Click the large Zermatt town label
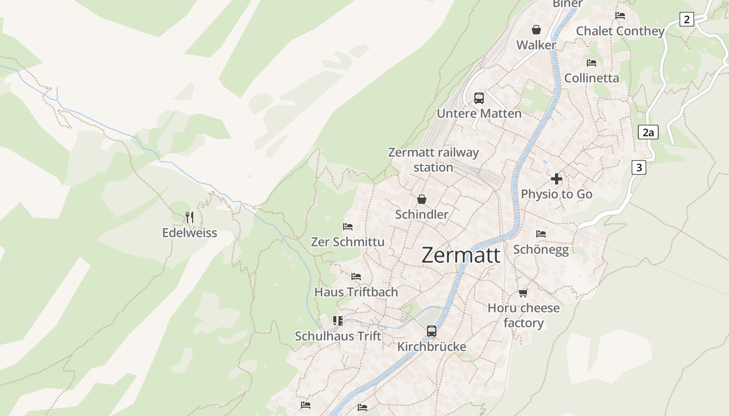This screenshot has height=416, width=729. pos(461,255)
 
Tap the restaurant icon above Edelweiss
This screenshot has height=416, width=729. pos(190,217)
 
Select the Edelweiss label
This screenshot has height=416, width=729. pos(190,232)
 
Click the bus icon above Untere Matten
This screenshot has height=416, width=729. pos(479,98)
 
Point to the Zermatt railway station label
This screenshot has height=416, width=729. pos(433,160)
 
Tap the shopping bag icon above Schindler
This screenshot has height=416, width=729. pos(421,199)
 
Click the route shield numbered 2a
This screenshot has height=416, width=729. pos(648,132)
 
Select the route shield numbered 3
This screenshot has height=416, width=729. pos(638,167)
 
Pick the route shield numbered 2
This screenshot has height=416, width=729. pos(687,20)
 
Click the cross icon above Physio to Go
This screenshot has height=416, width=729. pos(556,179)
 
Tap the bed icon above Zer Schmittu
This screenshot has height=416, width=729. pos(348,227)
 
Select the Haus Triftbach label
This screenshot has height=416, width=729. pos(356,292)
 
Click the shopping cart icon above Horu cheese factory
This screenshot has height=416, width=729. pos(523,293)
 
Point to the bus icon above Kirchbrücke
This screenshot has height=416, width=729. pos(432,331)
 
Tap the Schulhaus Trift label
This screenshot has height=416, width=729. pos(338,336)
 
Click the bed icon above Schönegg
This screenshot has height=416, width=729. pos(541,234)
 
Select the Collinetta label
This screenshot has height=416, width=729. pos(592,78)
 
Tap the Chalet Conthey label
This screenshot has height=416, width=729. pos(620,31)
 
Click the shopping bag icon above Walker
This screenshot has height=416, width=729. pos(536,30)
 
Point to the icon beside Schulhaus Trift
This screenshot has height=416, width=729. pos(338,321)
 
